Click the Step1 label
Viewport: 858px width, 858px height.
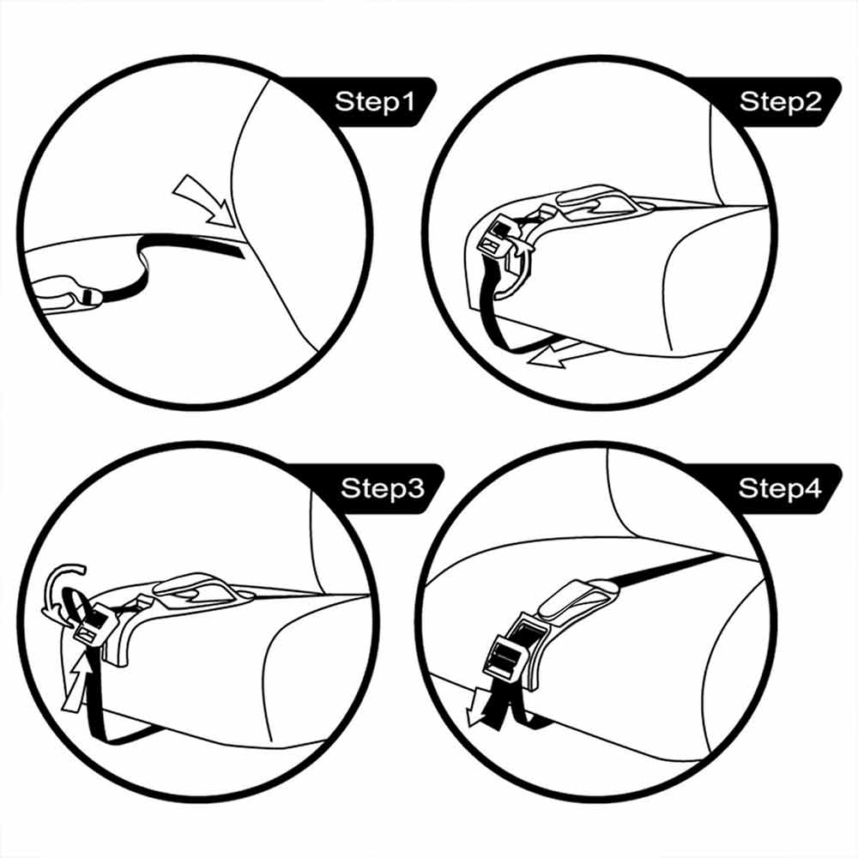coord(375,102)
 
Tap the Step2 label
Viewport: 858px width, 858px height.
coord(780,102)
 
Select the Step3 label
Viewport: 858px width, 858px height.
coord(382,488)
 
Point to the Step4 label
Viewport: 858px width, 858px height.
coord(780,488)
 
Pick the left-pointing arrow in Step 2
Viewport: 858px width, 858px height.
coord(566,352)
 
